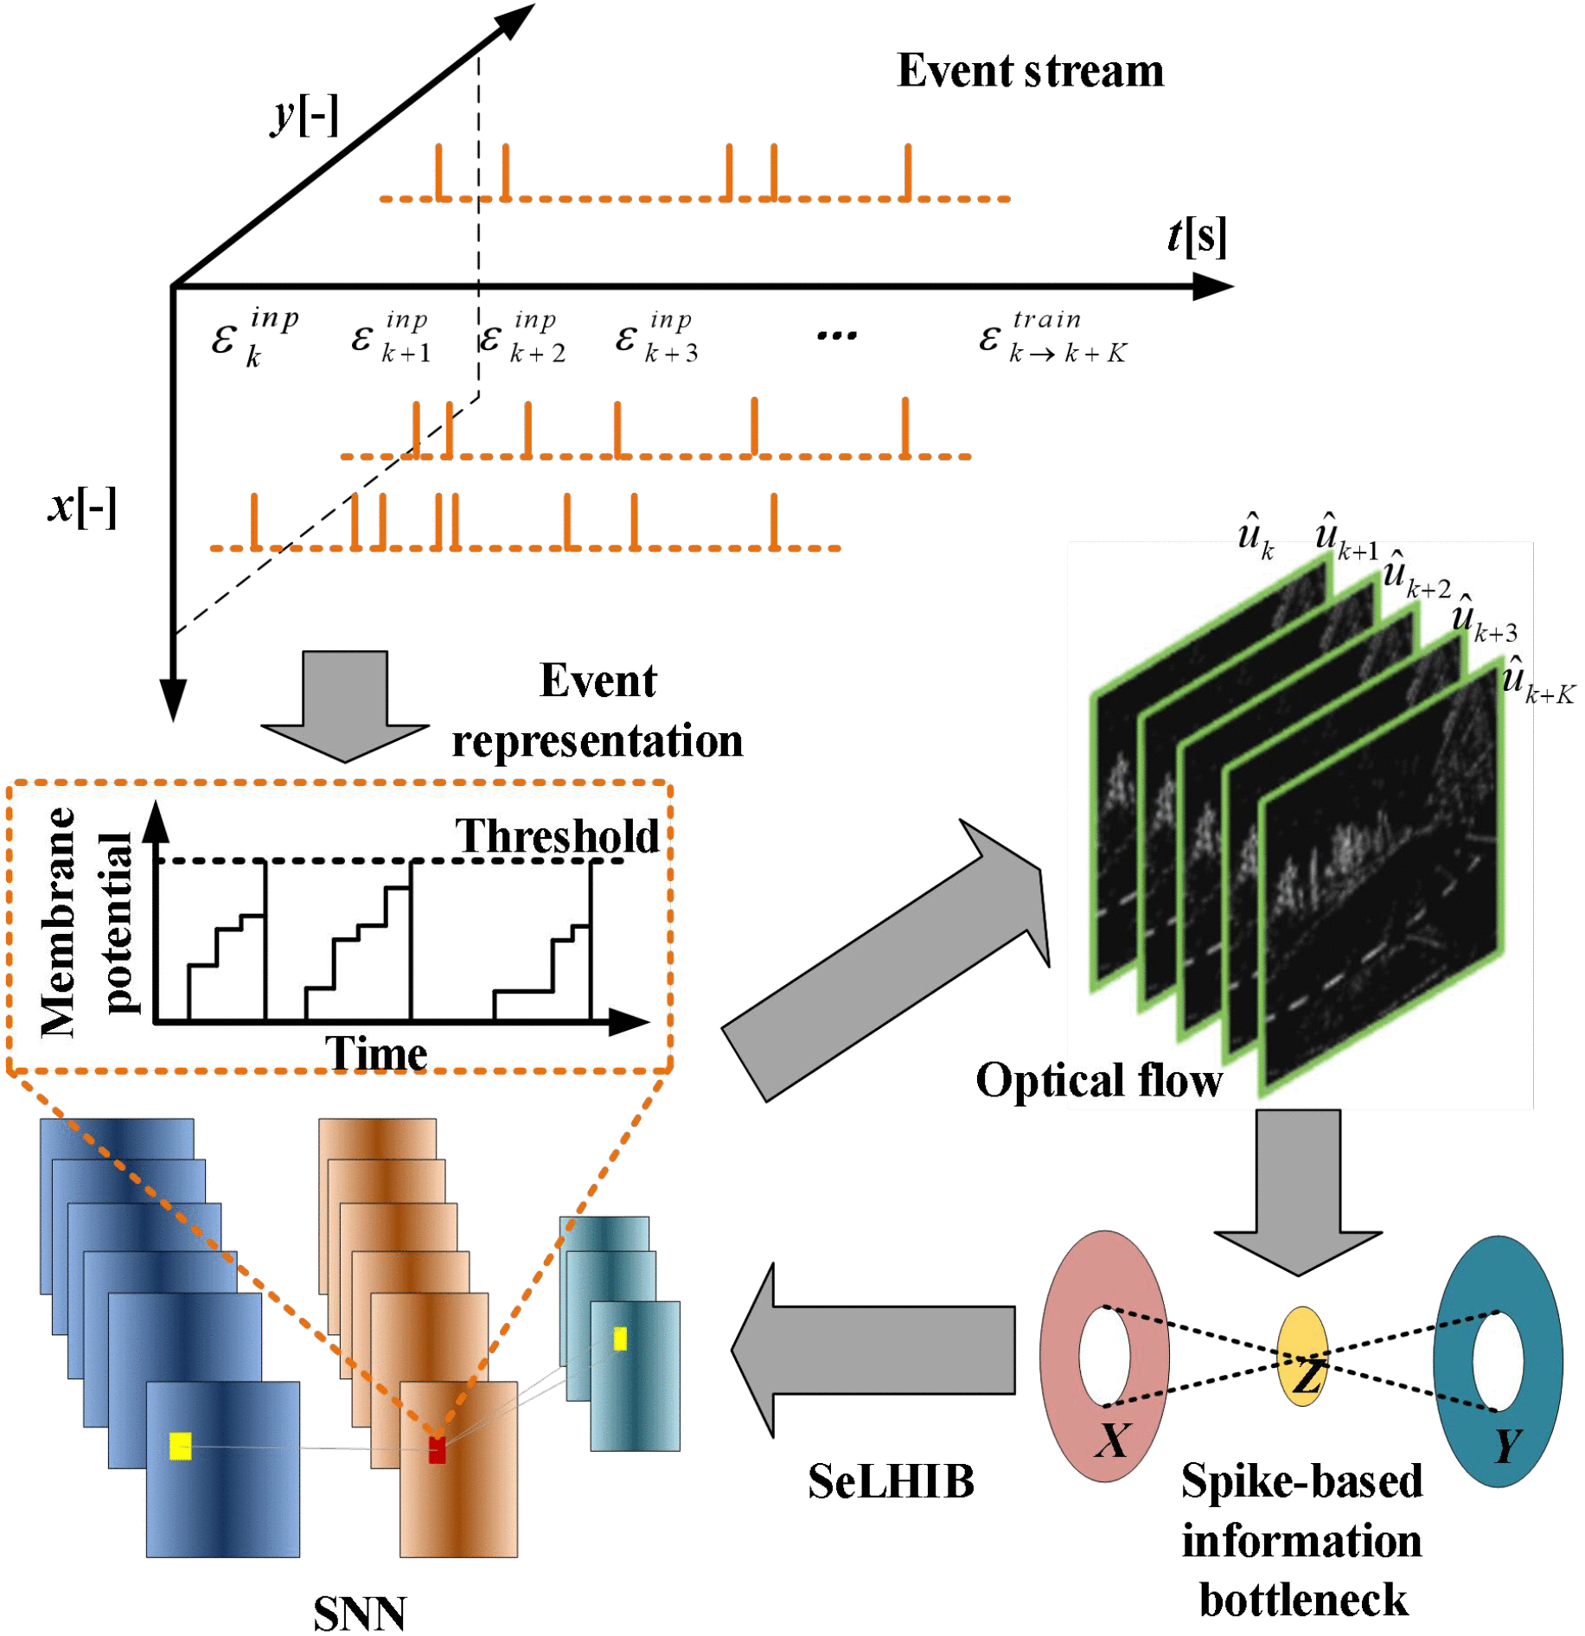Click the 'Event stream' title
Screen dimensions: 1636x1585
[x=1029, y=71]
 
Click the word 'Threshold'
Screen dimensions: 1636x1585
[x=557, y=836]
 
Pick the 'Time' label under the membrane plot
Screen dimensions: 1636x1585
[x=375, y=1053]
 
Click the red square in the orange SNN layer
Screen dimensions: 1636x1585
[x=437, y=1450]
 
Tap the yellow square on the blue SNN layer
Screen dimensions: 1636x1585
[x=180, y=1446]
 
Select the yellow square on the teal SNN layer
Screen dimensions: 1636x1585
[x=620, y=1339]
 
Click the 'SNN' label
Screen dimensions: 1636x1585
[x=359, y=1613]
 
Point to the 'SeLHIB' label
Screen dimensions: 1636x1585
[x=891, y=1481]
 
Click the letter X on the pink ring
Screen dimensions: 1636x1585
[x=1112, y=1441]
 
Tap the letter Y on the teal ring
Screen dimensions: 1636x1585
[x=1507, y=1445]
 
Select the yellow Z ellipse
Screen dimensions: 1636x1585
[x=1302, y=1356]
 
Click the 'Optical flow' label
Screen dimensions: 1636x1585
[x=1098, y=1081]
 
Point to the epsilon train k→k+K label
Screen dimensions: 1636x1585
[x=1052, y=337]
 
